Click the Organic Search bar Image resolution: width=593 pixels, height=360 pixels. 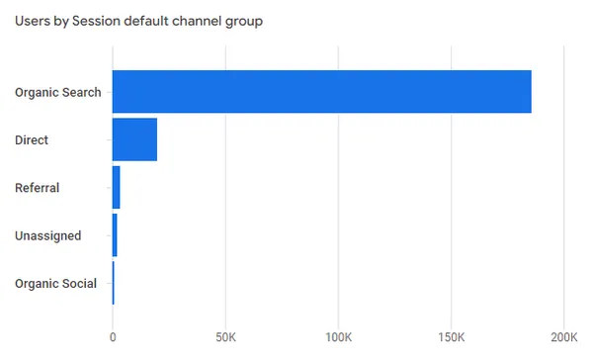coord(322,92)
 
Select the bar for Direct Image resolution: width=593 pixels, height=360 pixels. coord(134,139)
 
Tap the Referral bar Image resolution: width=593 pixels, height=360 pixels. coord(116,187)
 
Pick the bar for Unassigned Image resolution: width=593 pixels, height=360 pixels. coord(115,235)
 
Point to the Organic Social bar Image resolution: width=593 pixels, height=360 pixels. coord(114,283)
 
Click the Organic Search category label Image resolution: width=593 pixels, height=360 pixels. coord(58,92)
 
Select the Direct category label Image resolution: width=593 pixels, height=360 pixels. coord(32,140)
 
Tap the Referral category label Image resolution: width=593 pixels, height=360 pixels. coord(38,188)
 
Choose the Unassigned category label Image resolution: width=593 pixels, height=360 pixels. coord(48,235)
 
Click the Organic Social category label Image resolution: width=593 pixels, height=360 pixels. coord(55,284)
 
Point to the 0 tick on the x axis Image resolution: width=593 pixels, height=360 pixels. coord(113,337)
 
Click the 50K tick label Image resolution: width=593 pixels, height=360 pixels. coord(225,337)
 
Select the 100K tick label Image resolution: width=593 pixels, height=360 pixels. coord(338,337)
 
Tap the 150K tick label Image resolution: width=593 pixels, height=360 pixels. coord(452,337)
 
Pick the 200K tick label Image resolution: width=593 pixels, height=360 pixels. coord(564,337)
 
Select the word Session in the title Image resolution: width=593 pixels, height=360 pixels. coord(96,21)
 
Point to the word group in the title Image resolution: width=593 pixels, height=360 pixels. coord(244,23)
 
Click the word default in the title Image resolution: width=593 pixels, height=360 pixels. coord(146,21)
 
